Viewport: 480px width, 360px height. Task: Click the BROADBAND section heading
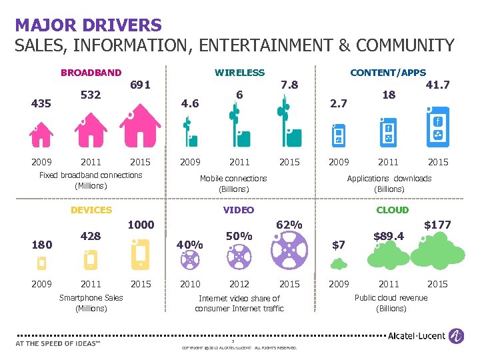pyautogui.click(x=91, y=73)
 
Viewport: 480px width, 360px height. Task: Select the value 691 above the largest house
pyautogui.click(x=140, y=85)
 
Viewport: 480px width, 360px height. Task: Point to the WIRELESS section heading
pyautogui.click(x=239, y=73)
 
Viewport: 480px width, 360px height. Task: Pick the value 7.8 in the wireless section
pyautogui.click(x=289, y=85)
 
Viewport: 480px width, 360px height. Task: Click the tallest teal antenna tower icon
pyautogui.click(x=289, y=123)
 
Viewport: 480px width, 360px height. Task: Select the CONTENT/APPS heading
pyautogui.click(x=388, y=73)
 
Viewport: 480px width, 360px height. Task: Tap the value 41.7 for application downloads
pyautogui.click(x=437, y=85)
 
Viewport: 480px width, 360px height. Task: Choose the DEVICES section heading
pyautogui.click(x=91, y=210)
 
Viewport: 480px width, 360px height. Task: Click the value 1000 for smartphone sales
pyautogui.click(x=141, y=225)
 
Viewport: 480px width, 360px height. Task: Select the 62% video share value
pyautogui.click(x=289, y=225)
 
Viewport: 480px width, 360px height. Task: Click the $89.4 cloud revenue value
pyautogui.click(x=388, y=235)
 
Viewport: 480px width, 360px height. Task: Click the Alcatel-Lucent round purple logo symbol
pyautogui.click(x=457, y=335)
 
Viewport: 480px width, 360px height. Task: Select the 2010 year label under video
pyautogui.click(x=190, y=284)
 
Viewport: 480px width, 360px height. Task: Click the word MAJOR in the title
pyautogui.click(x=44, y=25)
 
